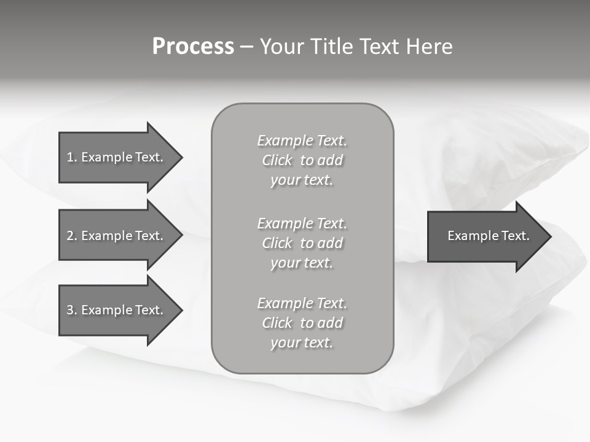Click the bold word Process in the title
[193, 47]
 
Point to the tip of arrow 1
[181, 157]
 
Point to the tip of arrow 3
[181, 310]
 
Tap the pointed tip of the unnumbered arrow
[549, 236]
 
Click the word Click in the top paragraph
[277, 160]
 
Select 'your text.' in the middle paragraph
[302, 263]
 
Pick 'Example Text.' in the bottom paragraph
[302, 303]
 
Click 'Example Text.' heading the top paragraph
[302, 141]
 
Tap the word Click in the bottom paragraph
[277, 323]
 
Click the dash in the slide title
[246, 47]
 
